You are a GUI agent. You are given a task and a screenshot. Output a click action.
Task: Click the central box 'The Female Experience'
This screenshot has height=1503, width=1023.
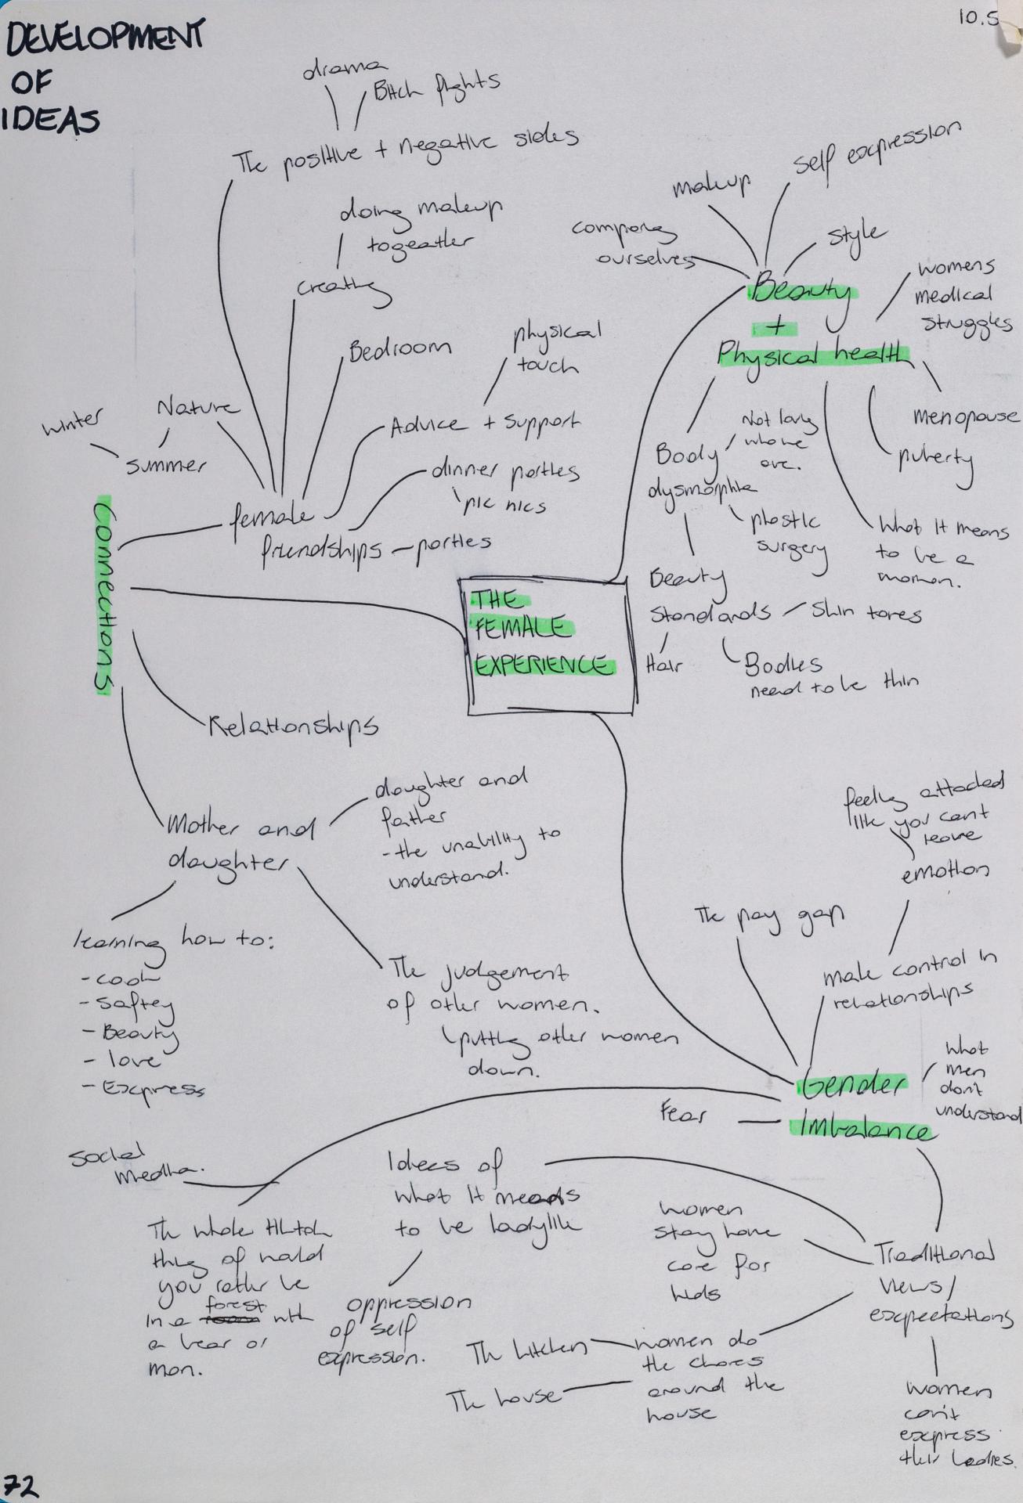click(550, 647)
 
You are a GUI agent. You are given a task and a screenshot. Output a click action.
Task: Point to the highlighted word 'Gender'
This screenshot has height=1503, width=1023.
click(851, 1084)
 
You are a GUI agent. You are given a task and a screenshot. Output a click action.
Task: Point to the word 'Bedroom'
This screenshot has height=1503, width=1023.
click(399, 349)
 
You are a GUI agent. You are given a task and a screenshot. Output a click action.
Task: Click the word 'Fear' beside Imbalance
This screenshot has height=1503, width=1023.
click(682, 1113)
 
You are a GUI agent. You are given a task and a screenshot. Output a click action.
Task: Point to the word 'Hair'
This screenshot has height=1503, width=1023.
click(663, 666)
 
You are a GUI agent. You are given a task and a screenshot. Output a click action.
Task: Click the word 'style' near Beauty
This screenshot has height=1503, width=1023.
click(857, 233)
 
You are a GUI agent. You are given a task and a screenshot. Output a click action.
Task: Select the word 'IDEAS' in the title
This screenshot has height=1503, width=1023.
click(53, 121)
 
